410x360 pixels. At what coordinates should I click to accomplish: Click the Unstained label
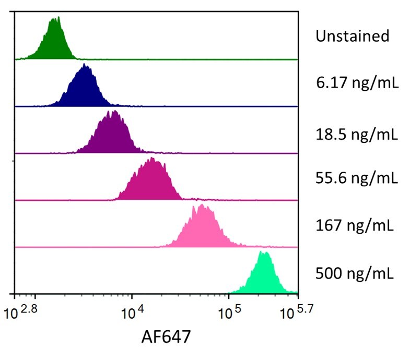352,36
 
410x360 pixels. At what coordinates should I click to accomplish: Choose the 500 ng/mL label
354,272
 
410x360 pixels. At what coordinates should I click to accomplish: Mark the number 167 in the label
328,226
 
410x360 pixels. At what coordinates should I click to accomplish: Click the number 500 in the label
328,272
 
